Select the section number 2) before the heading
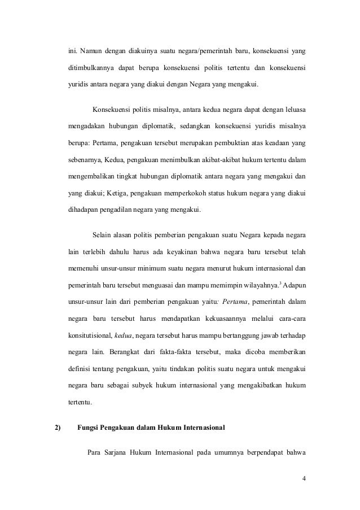point(57,427)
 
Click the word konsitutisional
point(89,336)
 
